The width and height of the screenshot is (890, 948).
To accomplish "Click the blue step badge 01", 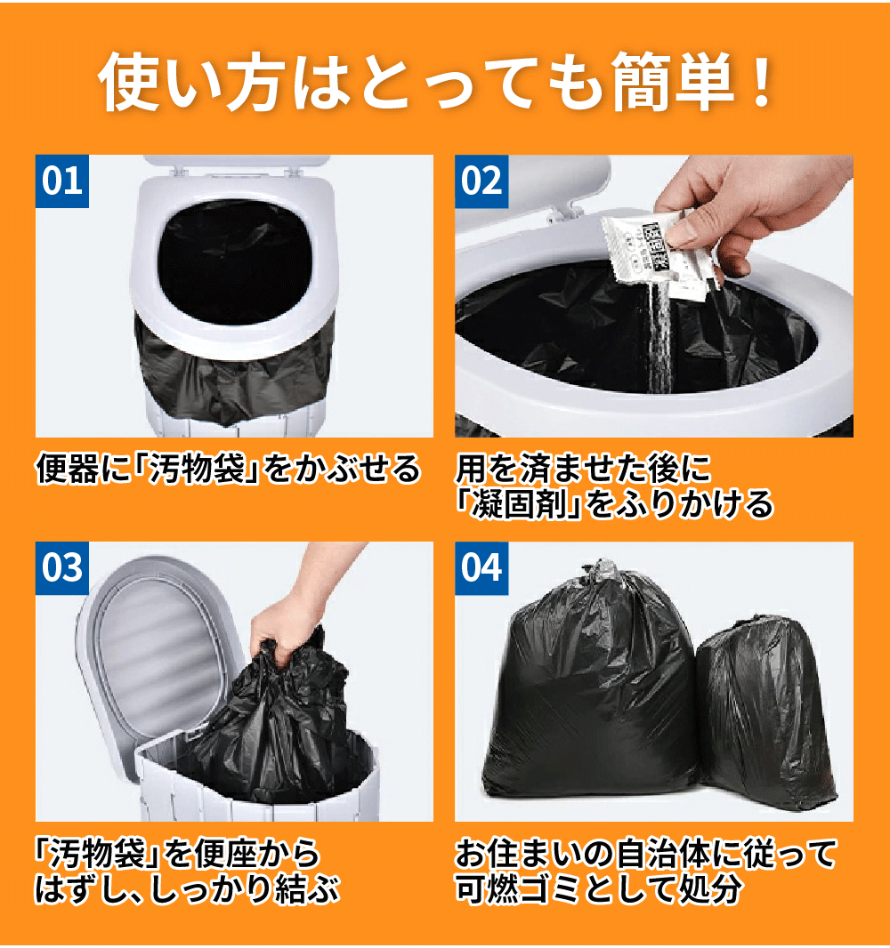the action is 62,181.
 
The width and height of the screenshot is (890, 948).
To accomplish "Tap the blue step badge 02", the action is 481,181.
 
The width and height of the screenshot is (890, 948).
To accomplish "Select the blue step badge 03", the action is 62,568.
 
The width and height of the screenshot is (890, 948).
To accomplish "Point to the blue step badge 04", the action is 481,568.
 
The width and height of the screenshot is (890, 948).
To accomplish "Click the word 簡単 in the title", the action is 672,82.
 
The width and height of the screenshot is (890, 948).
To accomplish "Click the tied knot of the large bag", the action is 601,571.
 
